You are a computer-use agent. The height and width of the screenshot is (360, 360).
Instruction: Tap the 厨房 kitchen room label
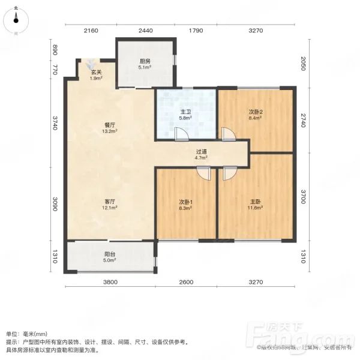point(145,61)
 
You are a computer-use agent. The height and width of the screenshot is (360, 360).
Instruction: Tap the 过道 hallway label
point(202,152)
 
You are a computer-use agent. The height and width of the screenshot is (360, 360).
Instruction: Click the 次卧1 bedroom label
point(185,202)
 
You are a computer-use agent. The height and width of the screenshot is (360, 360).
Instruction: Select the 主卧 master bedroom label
point(257,202)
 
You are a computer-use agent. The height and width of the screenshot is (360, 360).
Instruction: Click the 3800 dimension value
point(110,282)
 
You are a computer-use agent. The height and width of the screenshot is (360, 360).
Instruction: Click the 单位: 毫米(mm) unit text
point(28,334)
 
